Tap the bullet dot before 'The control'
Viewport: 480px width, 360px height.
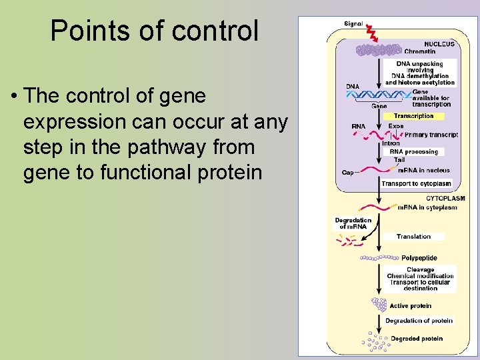tap(13, 97)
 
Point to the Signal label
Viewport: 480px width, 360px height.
tap(353, 24)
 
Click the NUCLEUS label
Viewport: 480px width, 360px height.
tap(439, 44)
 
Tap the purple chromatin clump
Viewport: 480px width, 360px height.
tap(379, 49)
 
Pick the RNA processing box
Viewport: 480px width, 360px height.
tap(414, 151)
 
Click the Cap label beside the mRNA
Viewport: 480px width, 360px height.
tap(348, 173)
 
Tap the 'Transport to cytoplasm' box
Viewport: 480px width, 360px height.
tap(416, 183)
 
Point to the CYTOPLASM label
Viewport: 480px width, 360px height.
tap(445, 198)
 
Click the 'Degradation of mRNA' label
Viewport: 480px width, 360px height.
tap(353, 223)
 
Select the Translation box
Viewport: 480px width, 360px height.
tap(413, 236)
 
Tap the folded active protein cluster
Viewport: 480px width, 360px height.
tap(379, 305)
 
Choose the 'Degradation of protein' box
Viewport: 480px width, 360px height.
tap(419, 321)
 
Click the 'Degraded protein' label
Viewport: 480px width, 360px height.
tap(416, 339)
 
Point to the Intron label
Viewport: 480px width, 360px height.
tap(391, 143)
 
